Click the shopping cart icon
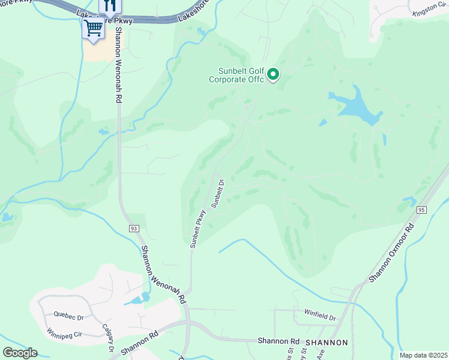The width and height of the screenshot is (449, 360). [x=93, y=27]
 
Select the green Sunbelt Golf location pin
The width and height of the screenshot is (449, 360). [x=273, y=74]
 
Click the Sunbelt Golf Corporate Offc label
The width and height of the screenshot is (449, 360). [x=237, y=74]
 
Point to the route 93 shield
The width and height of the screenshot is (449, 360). [x=134, y=229]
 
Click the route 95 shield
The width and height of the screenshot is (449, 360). [x=421, y=209]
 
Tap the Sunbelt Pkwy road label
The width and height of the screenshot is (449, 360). [x=198, y=229]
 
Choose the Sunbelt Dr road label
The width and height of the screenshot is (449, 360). [x=217, y=192]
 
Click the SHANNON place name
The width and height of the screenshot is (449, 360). [x=327, y=343]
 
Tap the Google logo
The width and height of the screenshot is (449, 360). [x=20, y=353]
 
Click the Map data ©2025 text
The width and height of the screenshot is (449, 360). [x=423, y=355]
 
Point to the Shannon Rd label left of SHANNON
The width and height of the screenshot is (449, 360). [x=279, y=340]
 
